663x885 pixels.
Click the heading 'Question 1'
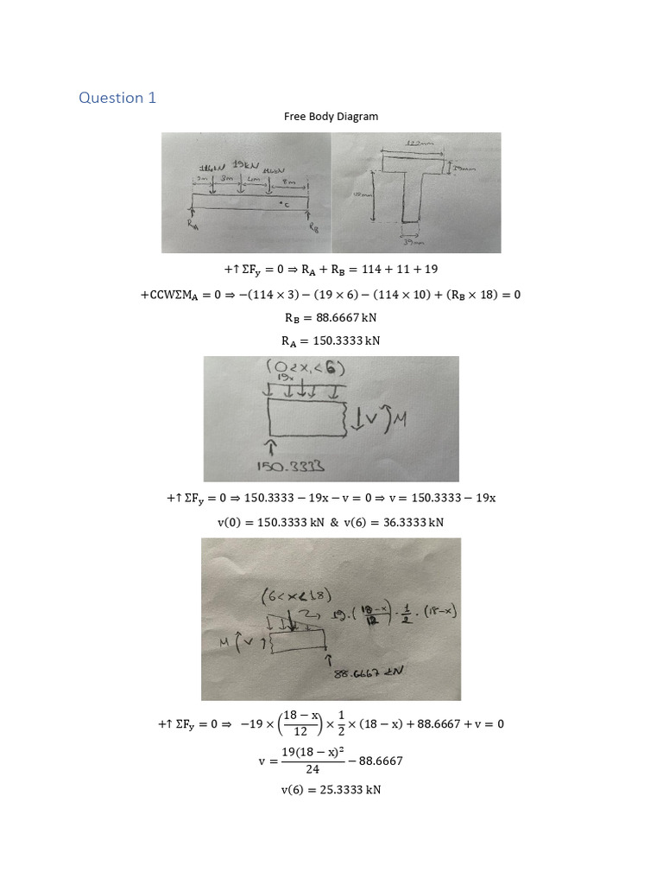(x=117, y=98)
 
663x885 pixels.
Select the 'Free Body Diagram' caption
(x=331, y=116)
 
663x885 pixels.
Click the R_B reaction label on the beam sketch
(x=314, y=227)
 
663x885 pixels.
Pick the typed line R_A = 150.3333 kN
(x=331, y=340)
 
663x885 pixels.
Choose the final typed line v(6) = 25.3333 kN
(x=331, y=789)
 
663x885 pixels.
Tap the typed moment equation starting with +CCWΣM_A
(x=331, y=295)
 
